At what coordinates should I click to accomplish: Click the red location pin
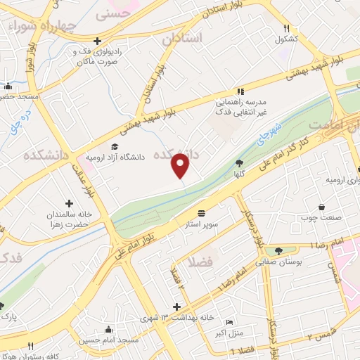click(x=181, y=165)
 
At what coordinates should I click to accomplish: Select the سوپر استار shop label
click(x=202, y=224)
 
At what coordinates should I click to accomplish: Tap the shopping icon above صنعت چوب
click(x=321, y=207)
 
